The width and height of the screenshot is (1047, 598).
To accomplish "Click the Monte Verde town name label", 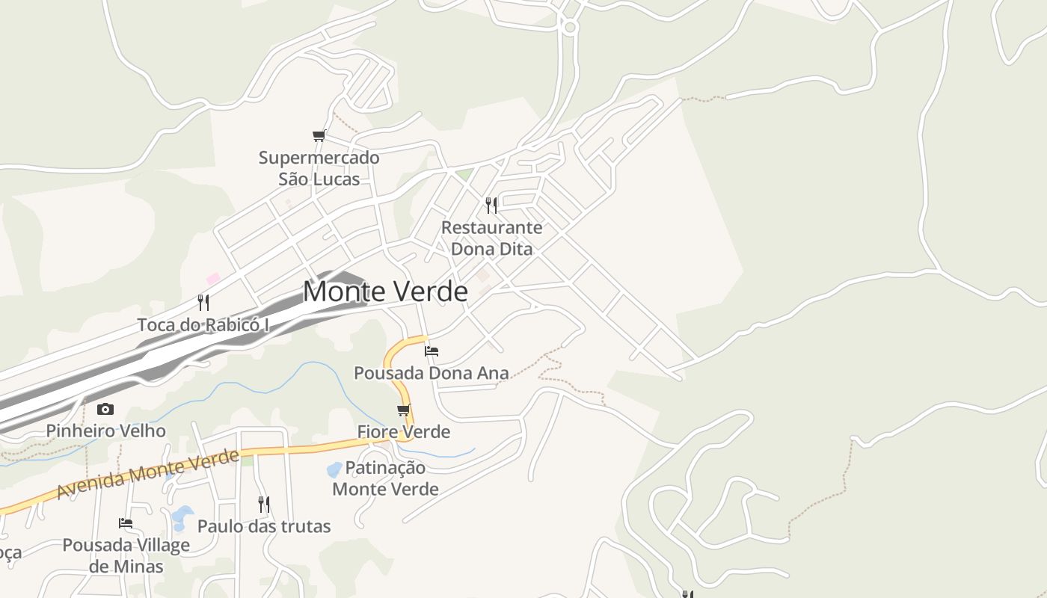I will click(x=385, y=292).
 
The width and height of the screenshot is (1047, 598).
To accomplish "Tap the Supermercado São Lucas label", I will click(x=319, y=168).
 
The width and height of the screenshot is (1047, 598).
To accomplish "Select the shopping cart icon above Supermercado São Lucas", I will click(x=319, y=136).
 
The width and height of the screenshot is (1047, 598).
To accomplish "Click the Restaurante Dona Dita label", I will click(x=491, y=238).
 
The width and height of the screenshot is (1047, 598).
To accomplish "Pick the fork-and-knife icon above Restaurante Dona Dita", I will click(x=491, y=205).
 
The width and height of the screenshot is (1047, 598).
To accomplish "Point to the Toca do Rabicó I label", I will click(x=203, y=325).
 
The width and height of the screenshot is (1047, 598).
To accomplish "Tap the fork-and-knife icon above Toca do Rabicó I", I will click(x=203, y=302).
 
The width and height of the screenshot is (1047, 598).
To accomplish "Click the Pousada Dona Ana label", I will click(x=431, y=372).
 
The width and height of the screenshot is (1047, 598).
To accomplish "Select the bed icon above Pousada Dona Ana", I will click(x=431, y=351).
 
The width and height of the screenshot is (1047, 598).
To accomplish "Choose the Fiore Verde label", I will click(x=404, y=431).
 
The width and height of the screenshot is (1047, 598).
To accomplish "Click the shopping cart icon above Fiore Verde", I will click(x=404, y=410).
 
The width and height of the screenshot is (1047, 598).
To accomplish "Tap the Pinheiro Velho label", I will click(x=105, y=431).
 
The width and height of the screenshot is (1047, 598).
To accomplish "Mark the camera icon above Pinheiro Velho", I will click(x=105, y=409).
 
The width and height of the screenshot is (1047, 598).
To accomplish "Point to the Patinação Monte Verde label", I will click(x=385, y=478).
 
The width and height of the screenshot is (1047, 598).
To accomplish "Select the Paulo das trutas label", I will click(x=264, y=526).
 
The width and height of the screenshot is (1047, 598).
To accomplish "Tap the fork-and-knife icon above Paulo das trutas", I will click(x=264, y=504).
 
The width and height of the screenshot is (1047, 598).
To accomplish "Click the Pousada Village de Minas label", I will click(x=126, y=555).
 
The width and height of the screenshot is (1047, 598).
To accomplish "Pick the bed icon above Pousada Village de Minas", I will click(x=126, y=523).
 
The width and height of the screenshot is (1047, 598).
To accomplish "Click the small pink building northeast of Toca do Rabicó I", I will click(x=213, y=279).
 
